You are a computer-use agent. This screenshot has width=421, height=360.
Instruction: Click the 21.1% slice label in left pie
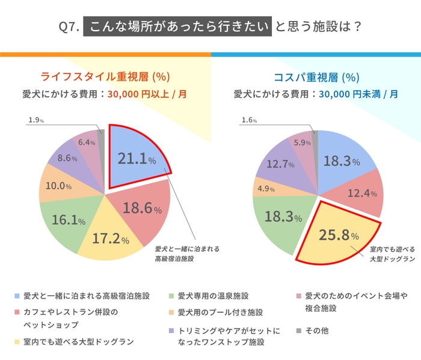(137, 159)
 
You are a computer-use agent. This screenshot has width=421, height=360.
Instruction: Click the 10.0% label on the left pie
(59, 186)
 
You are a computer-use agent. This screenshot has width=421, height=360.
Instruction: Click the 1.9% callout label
(36, 120)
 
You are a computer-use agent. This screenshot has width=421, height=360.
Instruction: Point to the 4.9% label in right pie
(265, 188)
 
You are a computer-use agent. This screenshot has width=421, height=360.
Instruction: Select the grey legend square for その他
(299, 331)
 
